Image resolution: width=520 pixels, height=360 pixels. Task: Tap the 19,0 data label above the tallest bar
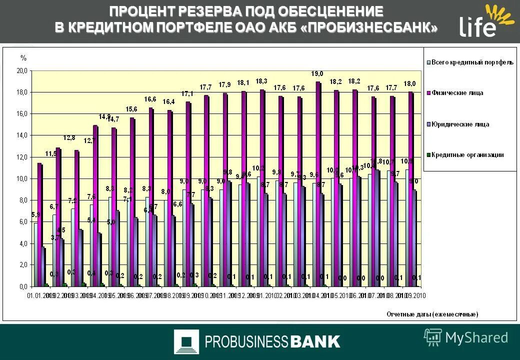[x=316, y=74]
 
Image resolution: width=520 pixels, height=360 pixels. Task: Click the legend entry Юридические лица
[x=460, y=124]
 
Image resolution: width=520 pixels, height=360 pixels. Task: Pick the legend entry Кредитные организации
[x=467, y=155]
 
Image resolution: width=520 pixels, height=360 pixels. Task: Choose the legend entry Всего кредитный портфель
[x=472, y=62]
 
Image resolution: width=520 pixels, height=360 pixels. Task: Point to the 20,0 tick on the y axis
[x=22, y=71]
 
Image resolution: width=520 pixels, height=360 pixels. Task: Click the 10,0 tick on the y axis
[x=22, y=179]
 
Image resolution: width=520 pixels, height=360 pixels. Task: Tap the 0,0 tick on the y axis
[x=23, y=287]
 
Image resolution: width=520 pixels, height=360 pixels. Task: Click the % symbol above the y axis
[x=23, y=58]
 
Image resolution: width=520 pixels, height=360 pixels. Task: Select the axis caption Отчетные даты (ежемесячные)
[x=432, y=314]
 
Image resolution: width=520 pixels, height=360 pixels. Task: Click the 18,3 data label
[x=261, y=81]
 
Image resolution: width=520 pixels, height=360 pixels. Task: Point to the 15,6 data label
[x=131, y=109]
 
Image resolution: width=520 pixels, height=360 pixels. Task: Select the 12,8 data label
[x=69, y=138]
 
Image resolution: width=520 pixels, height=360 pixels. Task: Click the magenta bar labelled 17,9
[x=224, y=190]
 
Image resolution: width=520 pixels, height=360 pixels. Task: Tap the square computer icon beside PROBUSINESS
[x=186, y=342]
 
